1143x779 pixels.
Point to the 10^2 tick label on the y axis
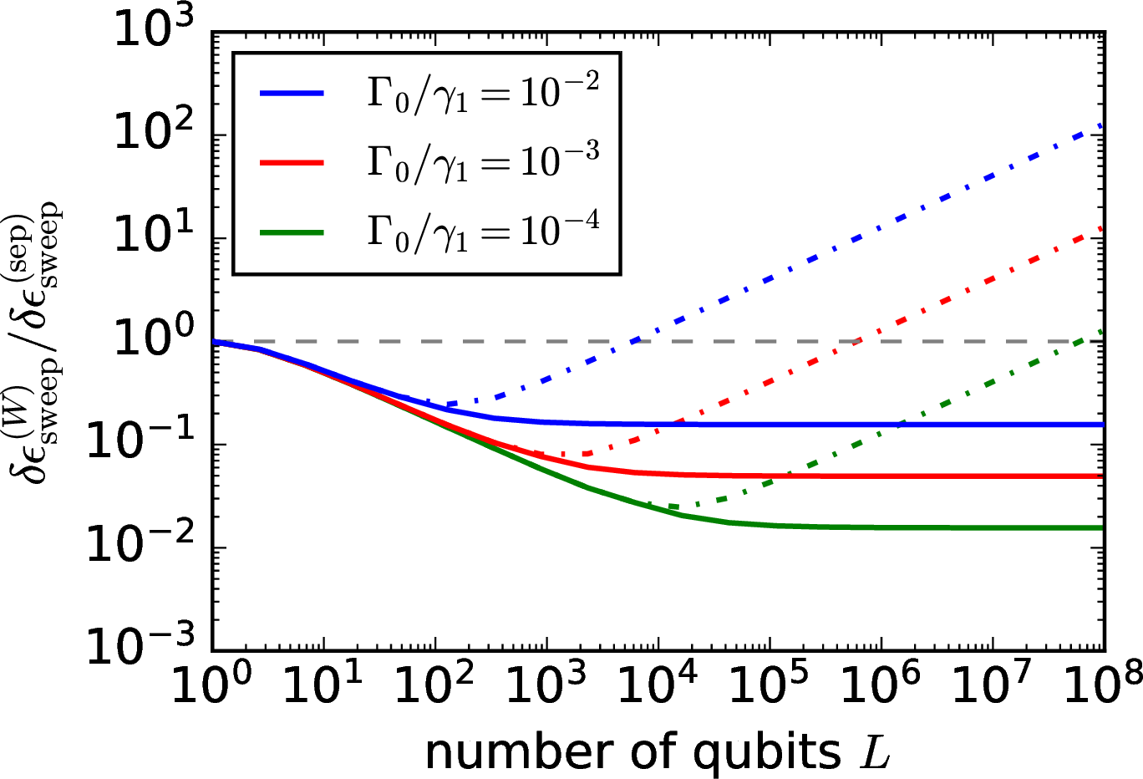(154, 134)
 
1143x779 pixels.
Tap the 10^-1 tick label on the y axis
(142, 445)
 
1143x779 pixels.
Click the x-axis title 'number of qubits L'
(658, 752)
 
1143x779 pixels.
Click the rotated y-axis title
(38, 344)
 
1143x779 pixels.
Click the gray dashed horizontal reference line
(752, 342)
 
